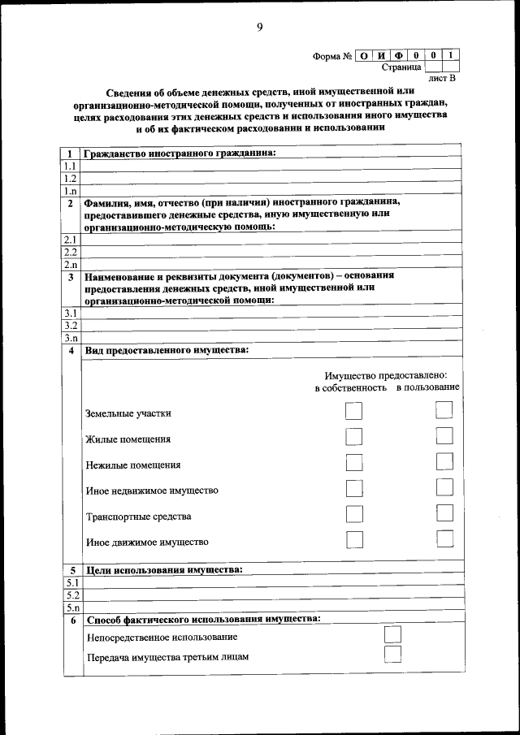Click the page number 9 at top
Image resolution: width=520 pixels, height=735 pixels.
pos(260,28)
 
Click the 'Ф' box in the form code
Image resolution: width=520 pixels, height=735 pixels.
pos(399,56)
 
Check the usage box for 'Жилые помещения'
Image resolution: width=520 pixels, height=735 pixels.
pos(444,437)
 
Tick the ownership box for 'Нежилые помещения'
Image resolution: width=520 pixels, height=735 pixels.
pos(354,463)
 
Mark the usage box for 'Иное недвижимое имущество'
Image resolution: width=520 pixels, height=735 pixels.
pos(444,488)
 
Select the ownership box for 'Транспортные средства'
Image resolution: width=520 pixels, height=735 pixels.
pos(354,514)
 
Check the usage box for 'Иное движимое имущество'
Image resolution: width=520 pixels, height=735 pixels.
pos(444,539)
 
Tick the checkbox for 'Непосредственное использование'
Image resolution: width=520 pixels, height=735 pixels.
pos(392,634)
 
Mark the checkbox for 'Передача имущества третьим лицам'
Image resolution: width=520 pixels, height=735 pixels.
pos(392,655)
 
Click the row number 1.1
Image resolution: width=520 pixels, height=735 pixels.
pos(71,165)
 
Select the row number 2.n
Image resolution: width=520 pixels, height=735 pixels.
pos(71,265)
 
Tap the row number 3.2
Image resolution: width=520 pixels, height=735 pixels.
pos(71,325)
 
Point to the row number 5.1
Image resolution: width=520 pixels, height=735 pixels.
pos(71,582)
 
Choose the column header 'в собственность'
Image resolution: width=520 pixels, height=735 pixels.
pos(350,387)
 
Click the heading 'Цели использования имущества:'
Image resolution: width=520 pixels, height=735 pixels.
pos(163,570)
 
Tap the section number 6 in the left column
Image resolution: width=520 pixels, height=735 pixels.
pos(71,620)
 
